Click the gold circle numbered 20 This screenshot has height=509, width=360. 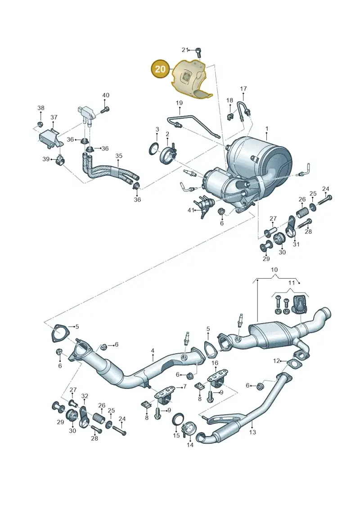pyautogui.click(x=160, y=69)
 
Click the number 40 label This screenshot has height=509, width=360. pyautogui.click(x=106, y=95)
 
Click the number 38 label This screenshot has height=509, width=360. pyautogui.click(x=40, y=108)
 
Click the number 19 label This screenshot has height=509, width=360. pyautogui.click(x=179, y=103)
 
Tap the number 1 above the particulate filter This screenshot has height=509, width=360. pyautogui.click(x=267, y=129)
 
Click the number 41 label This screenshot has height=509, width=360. pyautogui.click(x=191, y=210)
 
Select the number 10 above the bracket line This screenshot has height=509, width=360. pyautogui.click(x=274, y=270)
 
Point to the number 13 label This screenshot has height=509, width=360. pyautogui.click(x=252, y=432)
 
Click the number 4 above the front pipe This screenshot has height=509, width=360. pyautogui.click(x=153, y=351)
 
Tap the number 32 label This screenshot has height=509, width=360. pyautogui.click(x=85, y=396)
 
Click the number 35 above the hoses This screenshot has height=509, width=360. pyautogui.click(x=119, y=156)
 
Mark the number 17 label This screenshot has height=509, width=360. pyautogui.click(x=243, y=88)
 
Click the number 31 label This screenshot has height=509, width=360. pyautogui.click(x=296, y=244)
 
